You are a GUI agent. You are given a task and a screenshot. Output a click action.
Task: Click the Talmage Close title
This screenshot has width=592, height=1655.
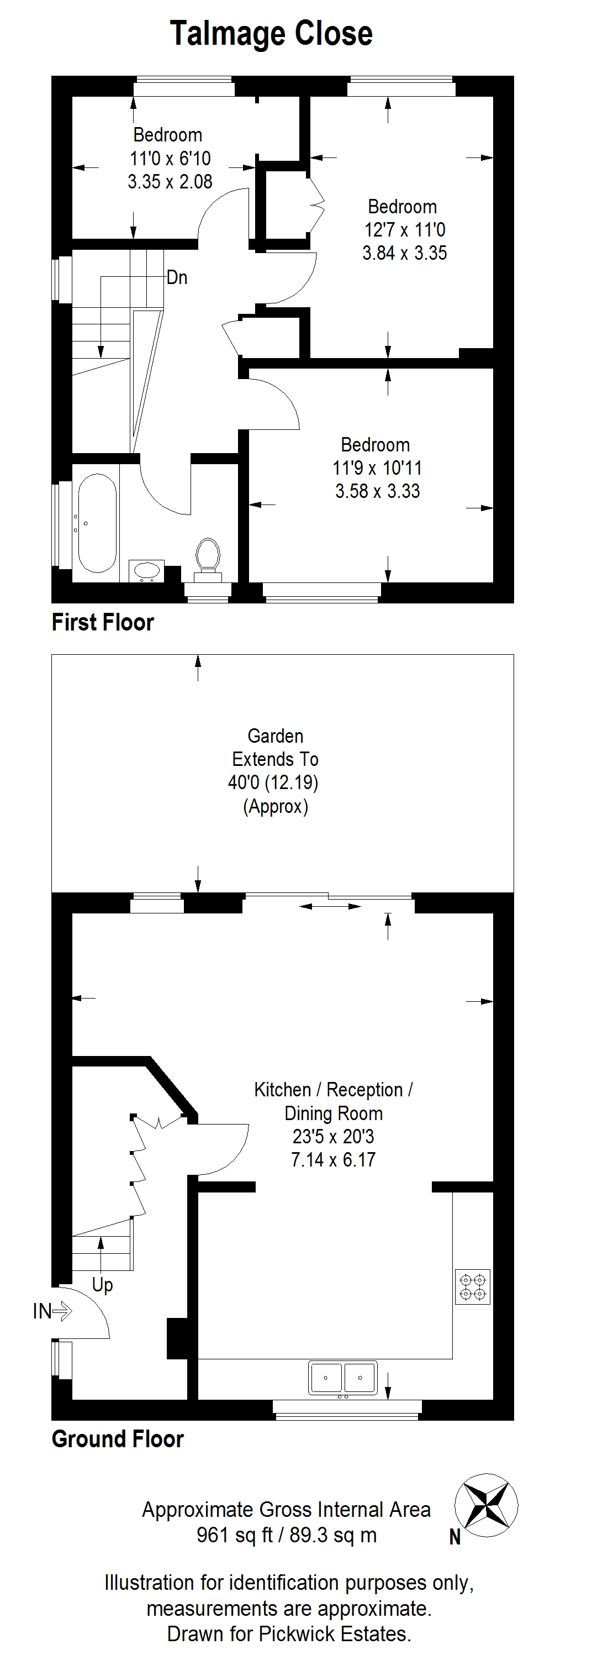[x=271, y=33]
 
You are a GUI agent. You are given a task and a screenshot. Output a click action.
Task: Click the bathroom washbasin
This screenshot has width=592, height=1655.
[x=146, y=571]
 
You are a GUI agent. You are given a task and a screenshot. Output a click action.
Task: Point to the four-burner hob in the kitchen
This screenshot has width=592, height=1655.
[x=473, y=1286]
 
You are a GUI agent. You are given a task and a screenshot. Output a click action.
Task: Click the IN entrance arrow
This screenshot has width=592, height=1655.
[x=52, y=1311]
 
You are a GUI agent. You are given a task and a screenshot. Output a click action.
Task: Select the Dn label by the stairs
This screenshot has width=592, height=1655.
[x=177, y=277]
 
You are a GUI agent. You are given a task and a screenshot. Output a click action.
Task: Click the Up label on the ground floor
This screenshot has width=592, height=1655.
[x=102, y=1285]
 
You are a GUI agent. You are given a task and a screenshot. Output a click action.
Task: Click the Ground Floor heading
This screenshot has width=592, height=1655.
[x=118, y=1438]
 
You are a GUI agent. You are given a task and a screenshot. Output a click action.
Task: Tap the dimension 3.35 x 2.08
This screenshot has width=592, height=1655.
[x=170, y=182]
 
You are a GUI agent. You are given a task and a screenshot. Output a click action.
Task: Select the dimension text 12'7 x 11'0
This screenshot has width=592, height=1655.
[x=404, y=229]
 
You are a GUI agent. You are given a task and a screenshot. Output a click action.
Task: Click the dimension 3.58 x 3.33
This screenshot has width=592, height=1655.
[x=378, y=491]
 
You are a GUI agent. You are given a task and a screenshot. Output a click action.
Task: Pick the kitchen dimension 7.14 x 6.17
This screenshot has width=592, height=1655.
[x=333, y=1160]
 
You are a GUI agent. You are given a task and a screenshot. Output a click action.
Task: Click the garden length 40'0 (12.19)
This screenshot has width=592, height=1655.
[x=273, y=782]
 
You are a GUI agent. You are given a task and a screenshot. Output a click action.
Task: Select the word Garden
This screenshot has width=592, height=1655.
[x=276, y=735]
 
